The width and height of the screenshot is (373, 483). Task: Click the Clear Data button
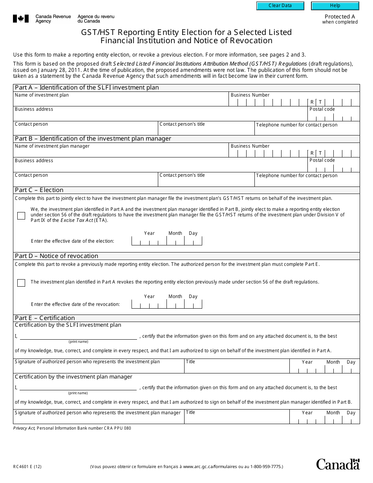(x=280, y=6)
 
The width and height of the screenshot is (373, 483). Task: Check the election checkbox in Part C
(x=21, y=216)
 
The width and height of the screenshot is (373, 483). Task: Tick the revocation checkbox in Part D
(x=21, y=283)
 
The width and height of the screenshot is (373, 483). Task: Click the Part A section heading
(x=87, y=88)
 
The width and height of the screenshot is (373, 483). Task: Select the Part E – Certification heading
(x=45, y=318)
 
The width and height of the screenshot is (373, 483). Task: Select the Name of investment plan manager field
(x=121, y=153)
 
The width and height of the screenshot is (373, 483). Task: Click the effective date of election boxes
(x=166, y=241)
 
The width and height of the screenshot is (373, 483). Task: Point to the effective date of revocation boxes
(x=166, y=304)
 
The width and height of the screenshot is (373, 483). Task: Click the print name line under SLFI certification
(x=78, y=336)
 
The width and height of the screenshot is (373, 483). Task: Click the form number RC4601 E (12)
(x=27, y=467)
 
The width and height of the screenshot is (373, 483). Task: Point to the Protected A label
(x=340, y=16)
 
